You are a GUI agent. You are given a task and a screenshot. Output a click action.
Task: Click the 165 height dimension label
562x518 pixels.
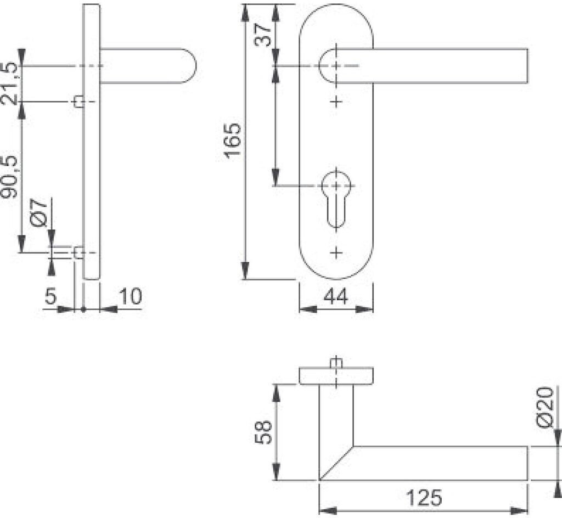[232, 140]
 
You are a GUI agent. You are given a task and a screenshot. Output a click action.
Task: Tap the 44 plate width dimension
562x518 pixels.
[336, 296]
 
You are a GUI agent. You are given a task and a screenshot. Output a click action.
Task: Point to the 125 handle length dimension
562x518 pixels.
[424, 498]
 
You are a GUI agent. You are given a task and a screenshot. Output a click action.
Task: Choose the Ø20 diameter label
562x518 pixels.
[545, 407]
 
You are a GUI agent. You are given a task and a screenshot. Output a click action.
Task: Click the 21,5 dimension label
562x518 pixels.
[9, 83]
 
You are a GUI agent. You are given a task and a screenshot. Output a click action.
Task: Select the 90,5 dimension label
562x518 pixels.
[9, 177]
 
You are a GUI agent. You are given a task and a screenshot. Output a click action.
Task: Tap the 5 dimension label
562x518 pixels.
[50, 296]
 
